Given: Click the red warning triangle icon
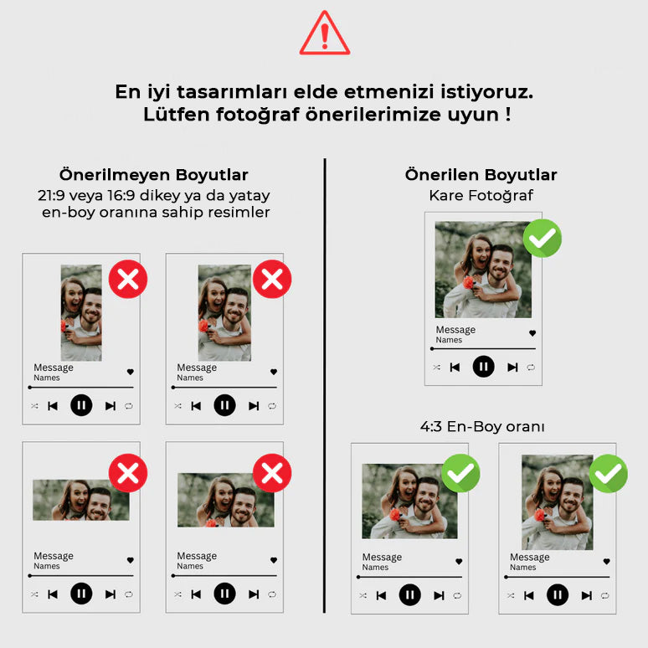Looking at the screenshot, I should pyautogui.click(x=324, y=35).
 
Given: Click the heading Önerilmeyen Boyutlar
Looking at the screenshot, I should pyautogui.click(x=153, y=175).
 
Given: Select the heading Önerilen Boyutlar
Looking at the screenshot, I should pyautogui.click(x=481, y=175).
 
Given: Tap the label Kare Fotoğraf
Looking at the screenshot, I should pyautogui.click(x=481, y=195).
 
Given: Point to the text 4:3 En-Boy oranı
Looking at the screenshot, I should pyautogui.click(x=482, y=427).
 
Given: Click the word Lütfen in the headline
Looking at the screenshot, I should pyautogui.click(x=169, y=115).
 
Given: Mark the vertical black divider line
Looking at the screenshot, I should pyautogui.click(x=325, y=385).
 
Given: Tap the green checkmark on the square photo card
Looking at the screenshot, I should pyautogui.click(x=542, y=239).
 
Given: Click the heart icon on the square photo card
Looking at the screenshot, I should pyautogui.click(x=532, y=333).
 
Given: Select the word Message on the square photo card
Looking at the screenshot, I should pyautogui.click(x=455, y=330).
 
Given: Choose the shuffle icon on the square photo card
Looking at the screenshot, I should pyautogui.click(x=436, y=367).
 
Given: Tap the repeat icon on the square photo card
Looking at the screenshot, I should pyautogui.click(x=531, y=367).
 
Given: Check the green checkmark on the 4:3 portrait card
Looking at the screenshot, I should pyautogui.click(x=608, y=473).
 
